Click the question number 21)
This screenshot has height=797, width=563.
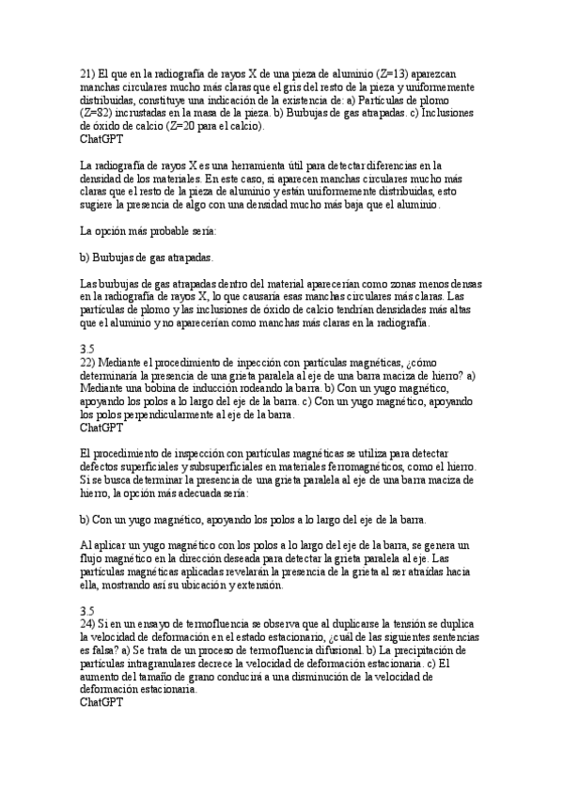pos(87,72)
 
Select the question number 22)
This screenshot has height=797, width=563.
pos(87,363)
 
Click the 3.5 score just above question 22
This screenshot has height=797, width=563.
pos(87,349)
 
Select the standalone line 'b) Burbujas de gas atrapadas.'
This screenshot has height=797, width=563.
pos(147,256)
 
